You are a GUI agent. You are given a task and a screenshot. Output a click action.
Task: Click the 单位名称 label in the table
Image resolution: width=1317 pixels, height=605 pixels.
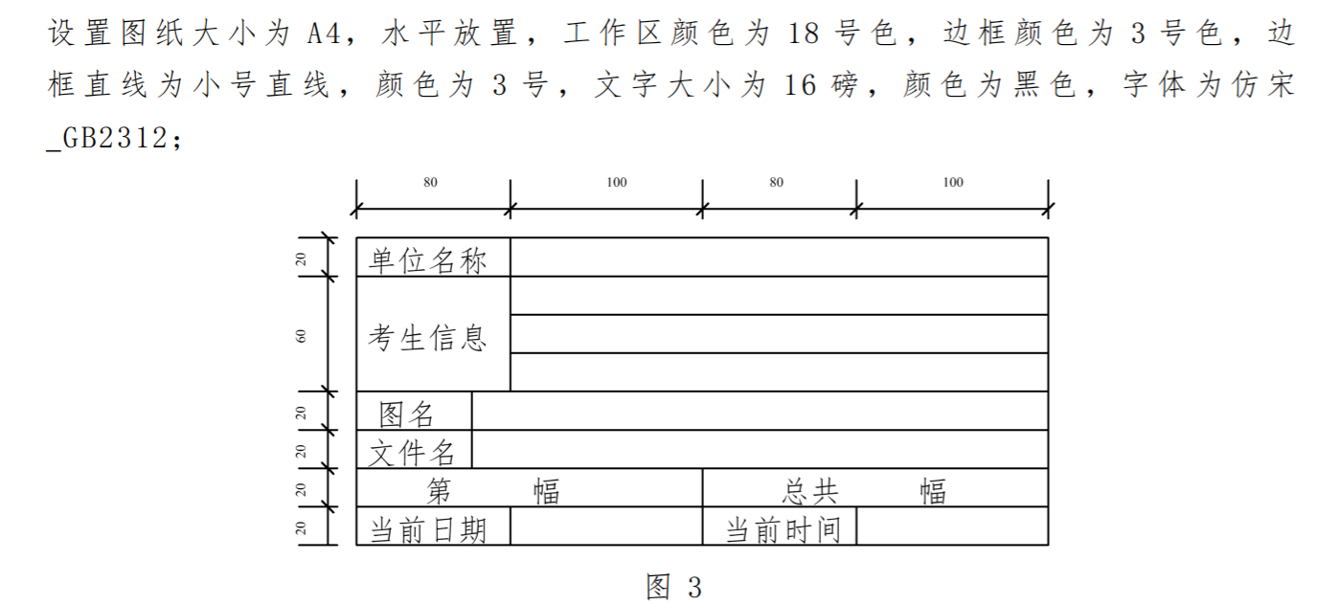pyautogui.click(x=428, y=260)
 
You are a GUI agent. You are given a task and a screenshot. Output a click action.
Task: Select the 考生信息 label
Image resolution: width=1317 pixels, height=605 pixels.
pyautogui.click(x=428, y=337)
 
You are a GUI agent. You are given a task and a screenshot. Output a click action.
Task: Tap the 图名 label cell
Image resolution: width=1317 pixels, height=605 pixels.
pyautogui.click(x=407, y=415)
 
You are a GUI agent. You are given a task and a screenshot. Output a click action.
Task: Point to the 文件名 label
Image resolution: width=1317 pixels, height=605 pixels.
pyautogui.click(x=413, y=452)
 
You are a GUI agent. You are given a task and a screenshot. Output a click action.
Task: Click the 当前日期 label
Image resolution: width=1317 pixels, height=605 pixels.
pyautogui.click(x=428, y=529)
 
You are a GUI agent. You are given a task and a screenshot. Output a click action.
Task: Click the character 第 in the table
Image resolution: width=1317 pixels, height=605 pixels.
pyautogui.click(x=439, y=492)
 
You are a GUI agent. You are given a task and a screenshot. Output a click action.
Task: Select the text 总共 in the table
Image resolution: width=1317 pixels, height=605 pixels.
pyautogui.click(x=810, y=492)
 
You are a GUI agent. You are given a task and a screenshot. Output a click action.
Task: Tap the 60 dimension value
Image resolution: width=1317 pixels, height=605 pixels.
pyautogui.click(x=302, y=336)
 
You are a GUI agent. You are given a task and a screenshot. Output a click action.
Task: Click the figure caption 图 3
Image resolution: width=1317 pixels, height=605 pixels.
pyautogui.click(x=674, y=587)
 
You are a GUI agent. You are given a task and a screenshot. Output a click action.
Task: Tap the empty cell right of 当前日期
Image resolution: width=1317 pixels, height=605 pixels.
pyautogui.click(x=606, y=527)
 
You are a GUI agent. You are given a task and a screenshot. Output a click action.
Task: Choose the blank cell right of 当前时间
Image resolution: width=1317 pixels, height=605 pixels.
pyautogui.click(x=952, y=527)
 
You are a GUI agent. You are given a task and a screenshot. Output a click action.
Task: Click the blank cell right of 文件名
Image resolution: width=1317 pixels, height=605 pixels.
pyautogui.click(x=760, y=450)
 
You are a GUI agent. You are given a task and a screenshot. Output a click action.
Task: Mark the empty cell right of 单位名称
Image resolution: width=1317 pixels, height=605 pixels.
pyautogui.click(x=779, y=258)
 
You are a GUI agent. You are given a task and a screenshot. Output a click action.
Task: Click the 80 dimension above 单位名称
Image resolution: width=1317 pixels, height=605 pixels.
pyautogui.click(x=430, y=183)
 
